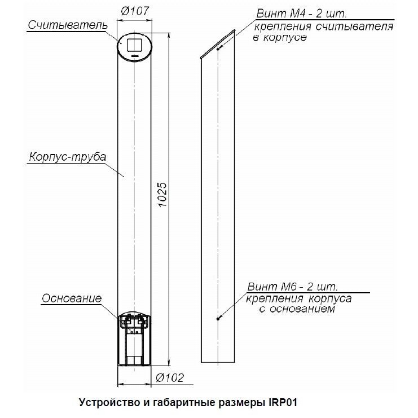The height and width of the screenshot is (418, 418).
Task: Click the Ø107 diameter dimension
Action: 135,11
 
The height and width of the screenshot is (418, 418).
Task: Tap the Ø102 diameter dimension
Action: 170,377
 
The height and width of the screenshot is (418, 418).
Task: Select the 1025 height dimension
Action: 162,195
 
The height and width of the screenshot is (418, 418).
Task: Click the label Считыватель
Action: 68,25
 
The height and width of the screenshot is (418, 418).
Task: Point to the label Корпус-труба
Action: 68,157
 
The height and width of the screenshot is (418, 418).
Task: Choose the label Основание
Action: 72,298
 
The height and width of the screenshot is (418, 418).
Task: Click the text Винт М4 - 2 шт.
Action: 301,14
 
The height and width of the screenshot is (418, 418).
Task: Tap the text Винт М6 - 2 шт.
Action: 292,287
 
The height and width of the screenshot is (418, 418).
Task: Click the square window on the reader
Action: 135,45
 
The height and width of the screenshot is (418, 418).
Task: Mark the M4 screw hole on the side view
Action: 218,49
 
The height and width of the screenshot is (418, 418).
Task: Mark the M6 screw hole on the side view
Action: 218,319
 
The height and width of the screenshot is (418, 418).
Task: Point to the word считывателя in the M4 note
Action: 355,27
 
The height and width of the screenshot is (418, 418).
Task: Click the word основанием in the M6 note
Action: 302,309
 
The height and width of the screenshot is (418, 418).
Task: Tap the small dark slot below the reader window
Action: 135,56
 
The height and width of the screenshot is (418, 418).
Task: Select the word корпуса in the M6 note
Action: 330,299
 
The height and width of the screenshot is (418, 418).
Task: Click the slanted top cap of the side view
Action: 218,44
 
